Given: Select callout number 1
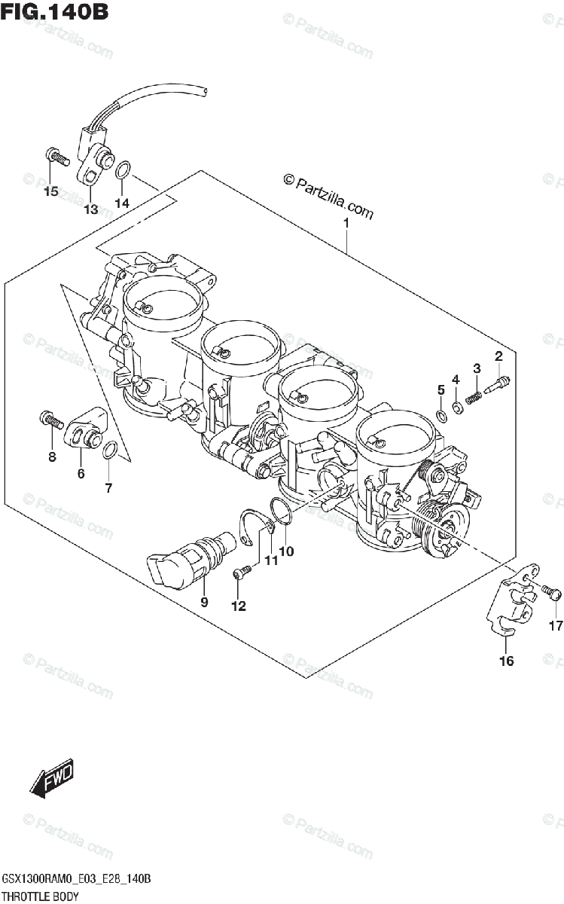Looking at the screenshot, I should point(346,223).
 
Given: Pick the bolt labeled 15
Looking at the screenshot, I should point(56,156).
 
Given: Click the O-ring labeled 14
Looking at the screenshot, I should point(125,172).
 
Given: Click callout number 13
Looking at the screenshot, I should point(90,209).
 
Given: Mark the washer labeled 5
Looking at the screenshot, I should point(441,412).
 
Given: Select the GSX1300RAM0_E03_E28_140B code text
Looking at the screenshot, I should point(78,880).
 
